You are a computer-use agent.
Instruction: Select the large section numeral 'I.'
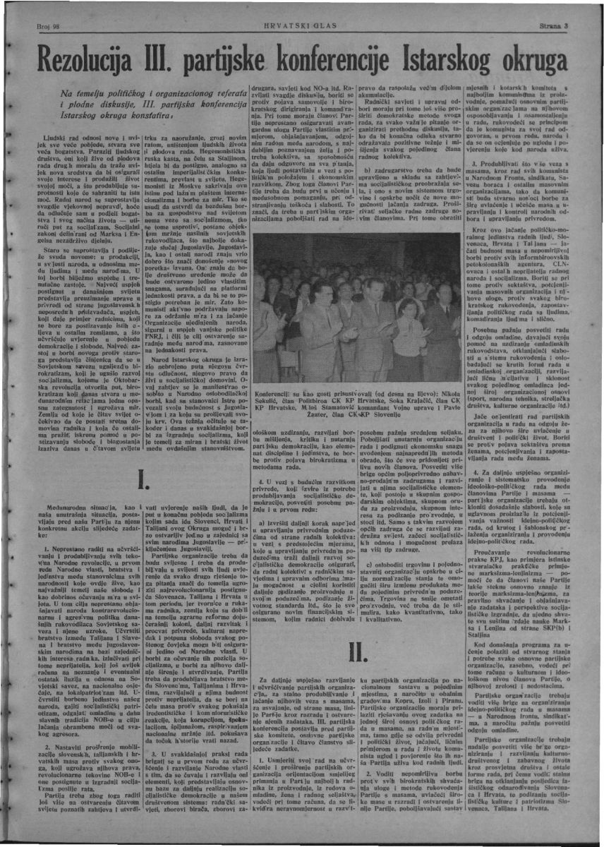(143, 477)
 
